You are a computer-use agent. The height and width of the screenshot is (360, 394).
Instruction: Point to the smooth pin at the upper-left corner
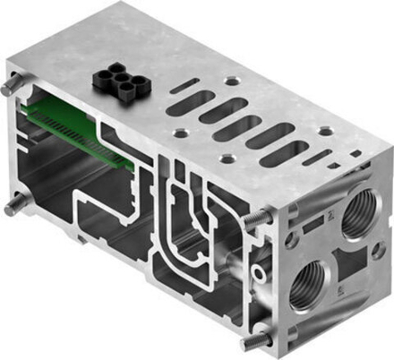(x=10, y=89)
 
